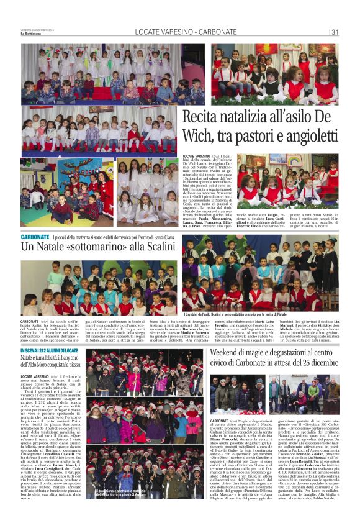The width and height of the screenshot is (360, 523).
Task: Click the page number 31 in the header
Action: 335,32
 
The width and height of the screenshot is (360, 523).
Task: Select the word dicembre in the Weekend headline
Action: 320,362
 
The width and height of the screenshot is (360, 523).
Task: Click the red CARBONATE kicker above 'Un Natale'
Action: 35,237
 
